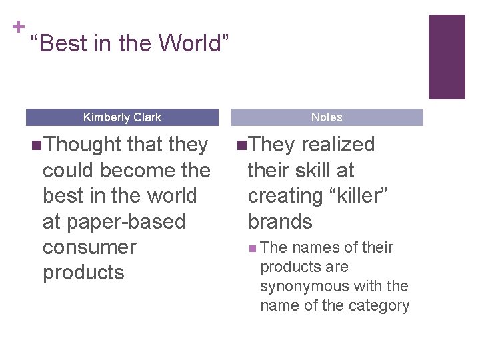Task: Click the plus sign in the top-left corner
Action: (x=19, y=27)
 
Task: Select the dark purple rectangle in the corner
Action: (x=446, y=57)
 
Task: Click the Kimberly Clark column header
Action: (x=122, y=117)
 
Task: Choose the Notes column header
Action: (x=327, y=117)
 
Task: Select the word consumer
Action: (x=89, y=247)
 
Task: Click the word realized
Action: (x=338, y=145)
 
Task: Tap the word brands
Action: (x=280, y=221)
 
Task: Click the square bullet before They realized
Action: (x=241, y=145)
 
